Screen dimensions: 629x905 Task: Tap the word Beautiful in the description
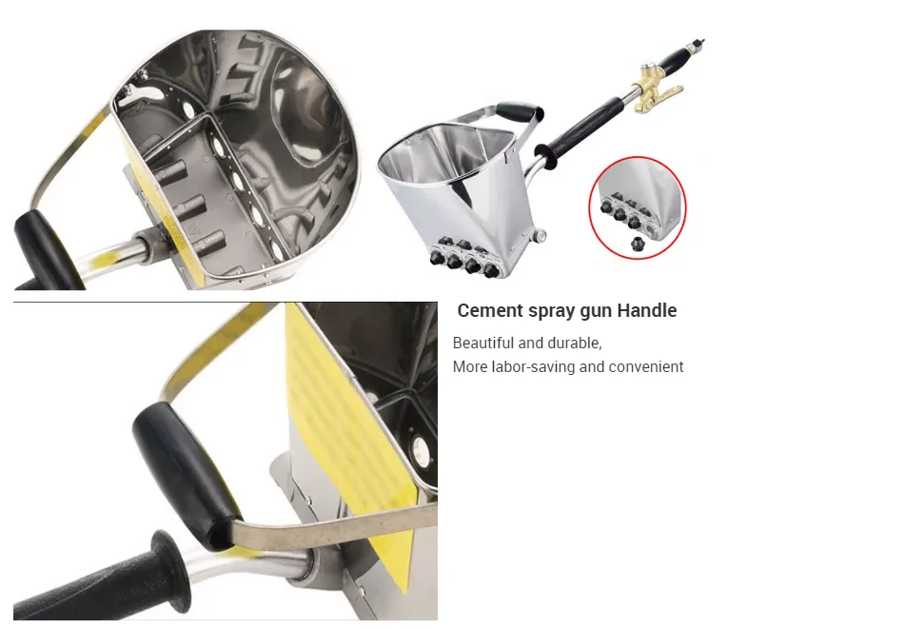click(x=483, y=343)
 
